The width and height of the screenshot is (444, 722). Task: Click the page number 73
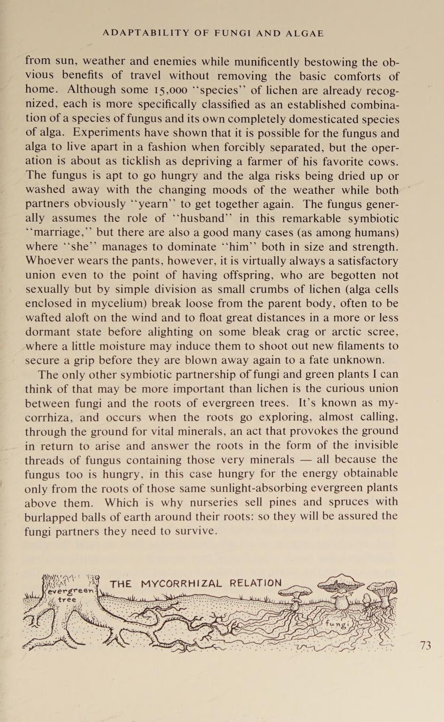tap(425, 645)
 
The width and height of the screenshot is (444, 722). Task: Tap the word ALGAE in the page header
tap(305, 33)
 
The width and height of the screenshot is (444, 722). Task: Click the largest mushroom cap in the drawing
tap(341, 583)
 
